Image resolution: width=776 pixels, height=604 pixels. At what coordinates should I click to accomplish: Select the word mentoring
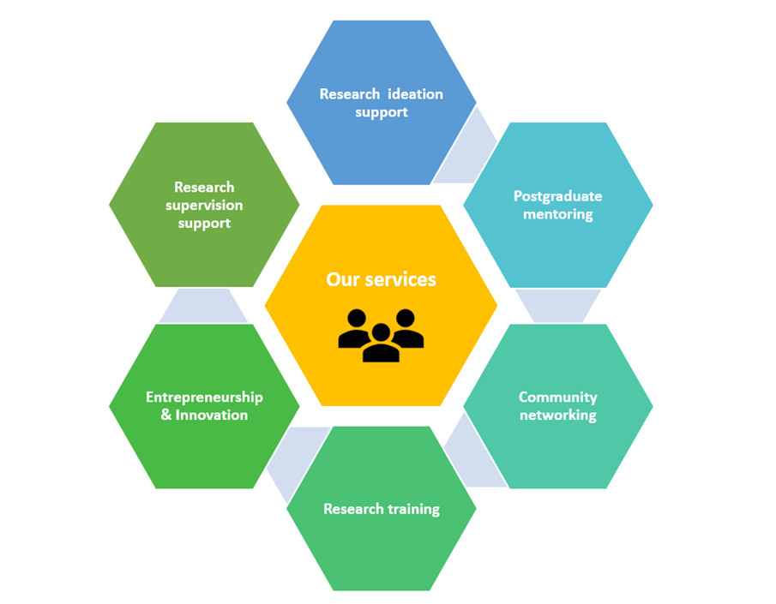557,214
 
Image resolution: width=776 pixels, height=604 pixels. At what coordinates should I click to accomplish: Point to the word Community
557,398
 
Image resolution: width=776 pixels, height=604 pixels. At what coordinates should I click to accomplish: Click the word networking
557,416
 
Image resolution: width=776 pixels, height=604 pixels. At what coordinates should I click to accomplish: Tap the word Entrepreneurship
204,398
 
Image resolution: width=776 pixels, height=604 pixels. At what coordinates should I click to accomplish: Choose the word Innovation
212,416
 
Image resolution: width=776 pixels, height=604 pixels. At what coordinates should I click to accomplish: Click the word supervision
204,206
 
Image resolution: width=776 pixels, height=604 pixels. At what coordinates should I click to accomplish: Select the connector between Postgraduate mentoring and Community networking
558,305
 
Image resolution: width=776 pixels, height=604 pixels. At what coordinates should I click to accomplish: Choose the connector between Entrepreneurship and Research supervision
204,306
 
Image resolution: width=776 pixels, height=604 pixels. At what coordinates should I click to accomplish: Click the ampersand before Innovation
166,416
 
